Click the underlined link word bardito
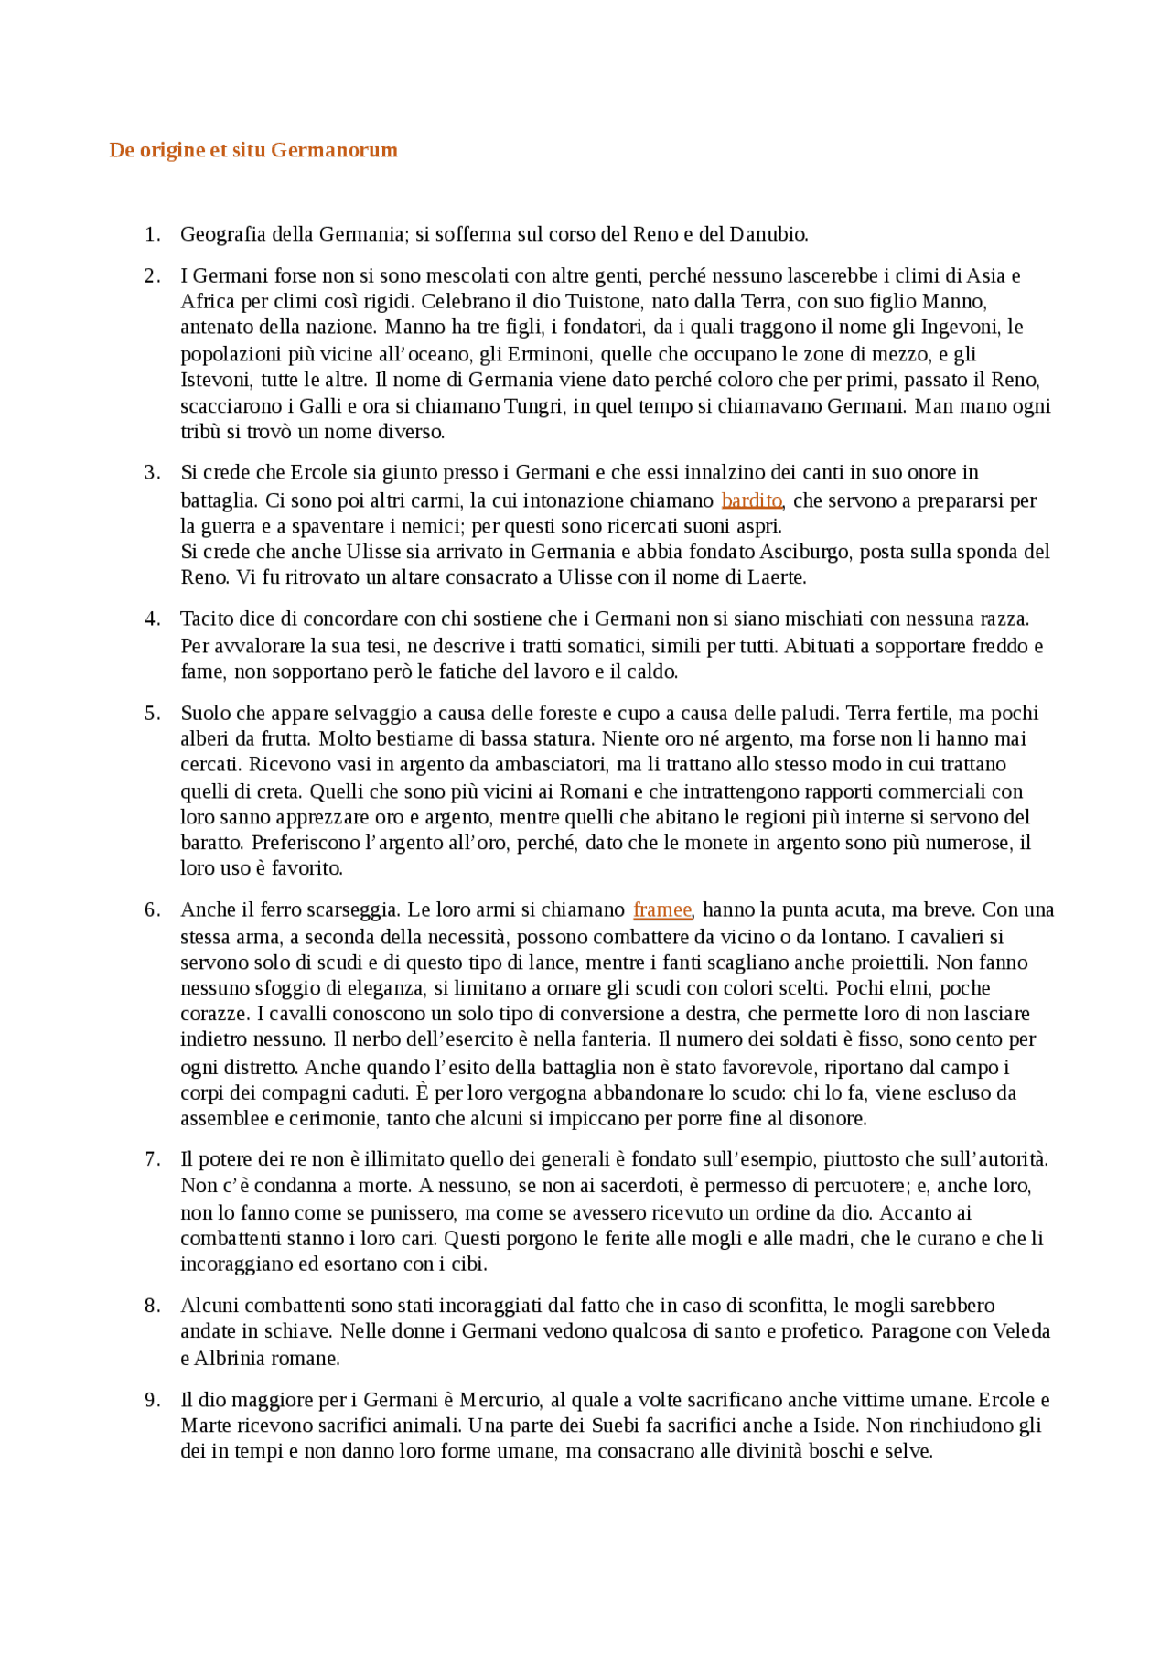coord(751,500)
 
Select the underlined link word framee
coord(662,909)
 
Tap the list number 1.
coord(152,234)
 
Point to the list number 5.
coord(152,714)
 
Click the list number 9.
coord(152,1400)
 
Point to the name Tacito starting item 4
coord(208,619)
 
